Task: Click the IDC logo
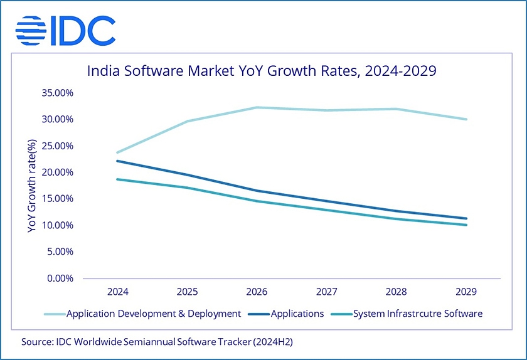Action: [65, 29]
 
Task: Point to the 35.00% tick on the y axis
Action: [56, 93]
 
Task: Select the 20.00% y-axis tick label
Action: [56, 172]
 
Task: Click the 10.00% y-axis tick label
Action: [56, 225]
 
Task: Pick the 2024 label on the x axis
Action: [117, 292]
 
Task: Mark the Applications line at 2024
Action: [117, 161]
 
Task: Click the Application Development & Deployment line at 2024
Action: [117, 152]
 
